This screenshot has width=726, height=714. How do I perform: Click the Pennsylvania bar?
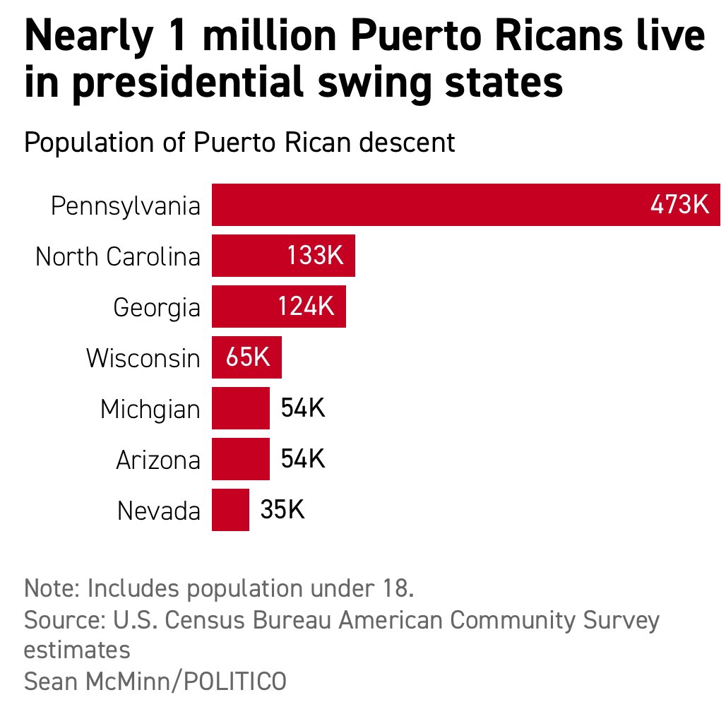coord(424,205)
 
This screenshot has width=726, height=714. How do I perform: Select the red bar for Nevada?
coord(230,510)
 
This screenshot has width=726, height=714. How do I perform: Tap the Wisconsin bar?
coord(246,357)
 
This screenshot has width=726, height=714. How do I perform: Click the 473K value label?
coord(679,205)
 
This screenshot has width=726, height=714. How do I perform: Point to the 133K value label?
coord(315,256)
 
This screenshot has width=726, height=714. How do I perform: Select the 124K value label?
coord(305,307)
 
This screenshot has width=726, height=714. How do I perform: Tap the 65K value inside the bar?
coord(248,357)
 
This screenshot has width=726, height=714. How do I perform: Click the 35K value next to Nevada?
coord(282,510)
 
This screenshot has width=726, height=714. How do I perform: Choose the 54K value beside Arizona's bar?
coord(302,459)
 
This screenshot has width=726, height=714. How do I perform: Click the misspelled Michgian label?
coord(150,410)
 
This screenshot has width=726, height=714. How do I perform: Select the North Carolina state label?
coord(118,256)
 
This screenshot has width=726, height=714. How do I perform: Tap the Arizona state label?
coord(158,460)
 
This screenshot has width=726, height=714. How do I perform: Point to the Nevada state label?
coord(159,511)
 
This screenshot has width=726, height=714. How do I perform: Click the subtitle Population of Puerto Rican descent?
coord(239,143)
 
